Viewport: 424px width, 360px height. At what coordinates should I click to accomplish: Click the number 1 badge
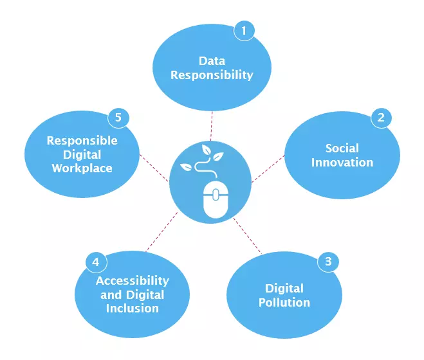click(x=244, y=31)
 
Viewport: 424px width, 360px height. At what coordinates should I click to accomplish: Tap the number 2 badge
click(x=382, y=118)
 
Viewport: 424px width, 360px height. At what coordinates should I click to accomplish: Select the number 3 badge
click(x=328, y=262)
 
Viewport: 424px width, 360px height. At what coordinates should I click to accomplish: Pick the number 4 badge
click(x=97, y=262)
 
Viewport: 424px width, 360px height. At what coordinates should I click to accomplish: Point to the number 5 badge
click(x=118, y=118)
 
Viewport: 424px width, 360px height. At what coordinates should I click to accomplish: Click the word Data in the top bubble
click(x=212, y=61)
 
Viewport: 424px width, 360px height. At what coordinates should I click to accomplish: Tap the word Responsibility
click(x=212, y=75)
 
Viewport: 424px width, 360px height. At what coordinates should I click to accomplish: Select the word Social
click(x=342, y=148)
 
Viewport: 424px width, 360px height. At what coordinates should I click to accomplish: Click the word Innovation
click(x=342, y=163)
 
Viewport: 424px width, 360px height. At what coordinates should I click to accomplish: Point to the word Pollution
click(x=284, y=302)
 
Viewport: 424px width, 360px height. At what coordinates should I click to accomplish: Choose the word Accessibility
click(x=133, y=281)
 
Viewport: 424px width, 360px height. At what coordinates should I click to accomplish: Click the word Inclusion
click(x=133, y=309)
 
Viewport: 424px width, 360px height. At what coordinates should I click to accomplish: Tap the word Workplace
click(x=82, y=168)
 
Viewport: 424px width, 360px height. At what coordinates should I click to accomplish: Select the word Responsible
click(x=82, y=141)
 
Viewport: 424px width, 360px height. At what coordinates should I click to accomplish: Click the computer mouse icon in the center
click(x=216, y=199)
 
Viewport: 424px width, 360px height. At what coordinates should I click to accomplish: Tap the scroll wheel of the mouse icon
click(x=216, y=195)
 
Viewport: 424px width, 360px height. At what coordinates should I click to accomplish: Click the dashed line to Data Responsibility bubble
click(x=212, y=126)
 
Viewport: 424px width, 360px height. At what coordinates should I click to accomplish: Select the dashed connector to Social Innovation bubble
click(x=268, y=168)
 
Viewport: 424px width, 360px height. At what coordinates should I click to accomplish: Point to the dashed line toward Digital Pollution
click(x=247, y=235)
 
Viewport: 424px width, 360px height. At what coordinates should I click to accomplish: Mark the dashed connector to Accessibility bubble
click(x=161, y=232)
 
